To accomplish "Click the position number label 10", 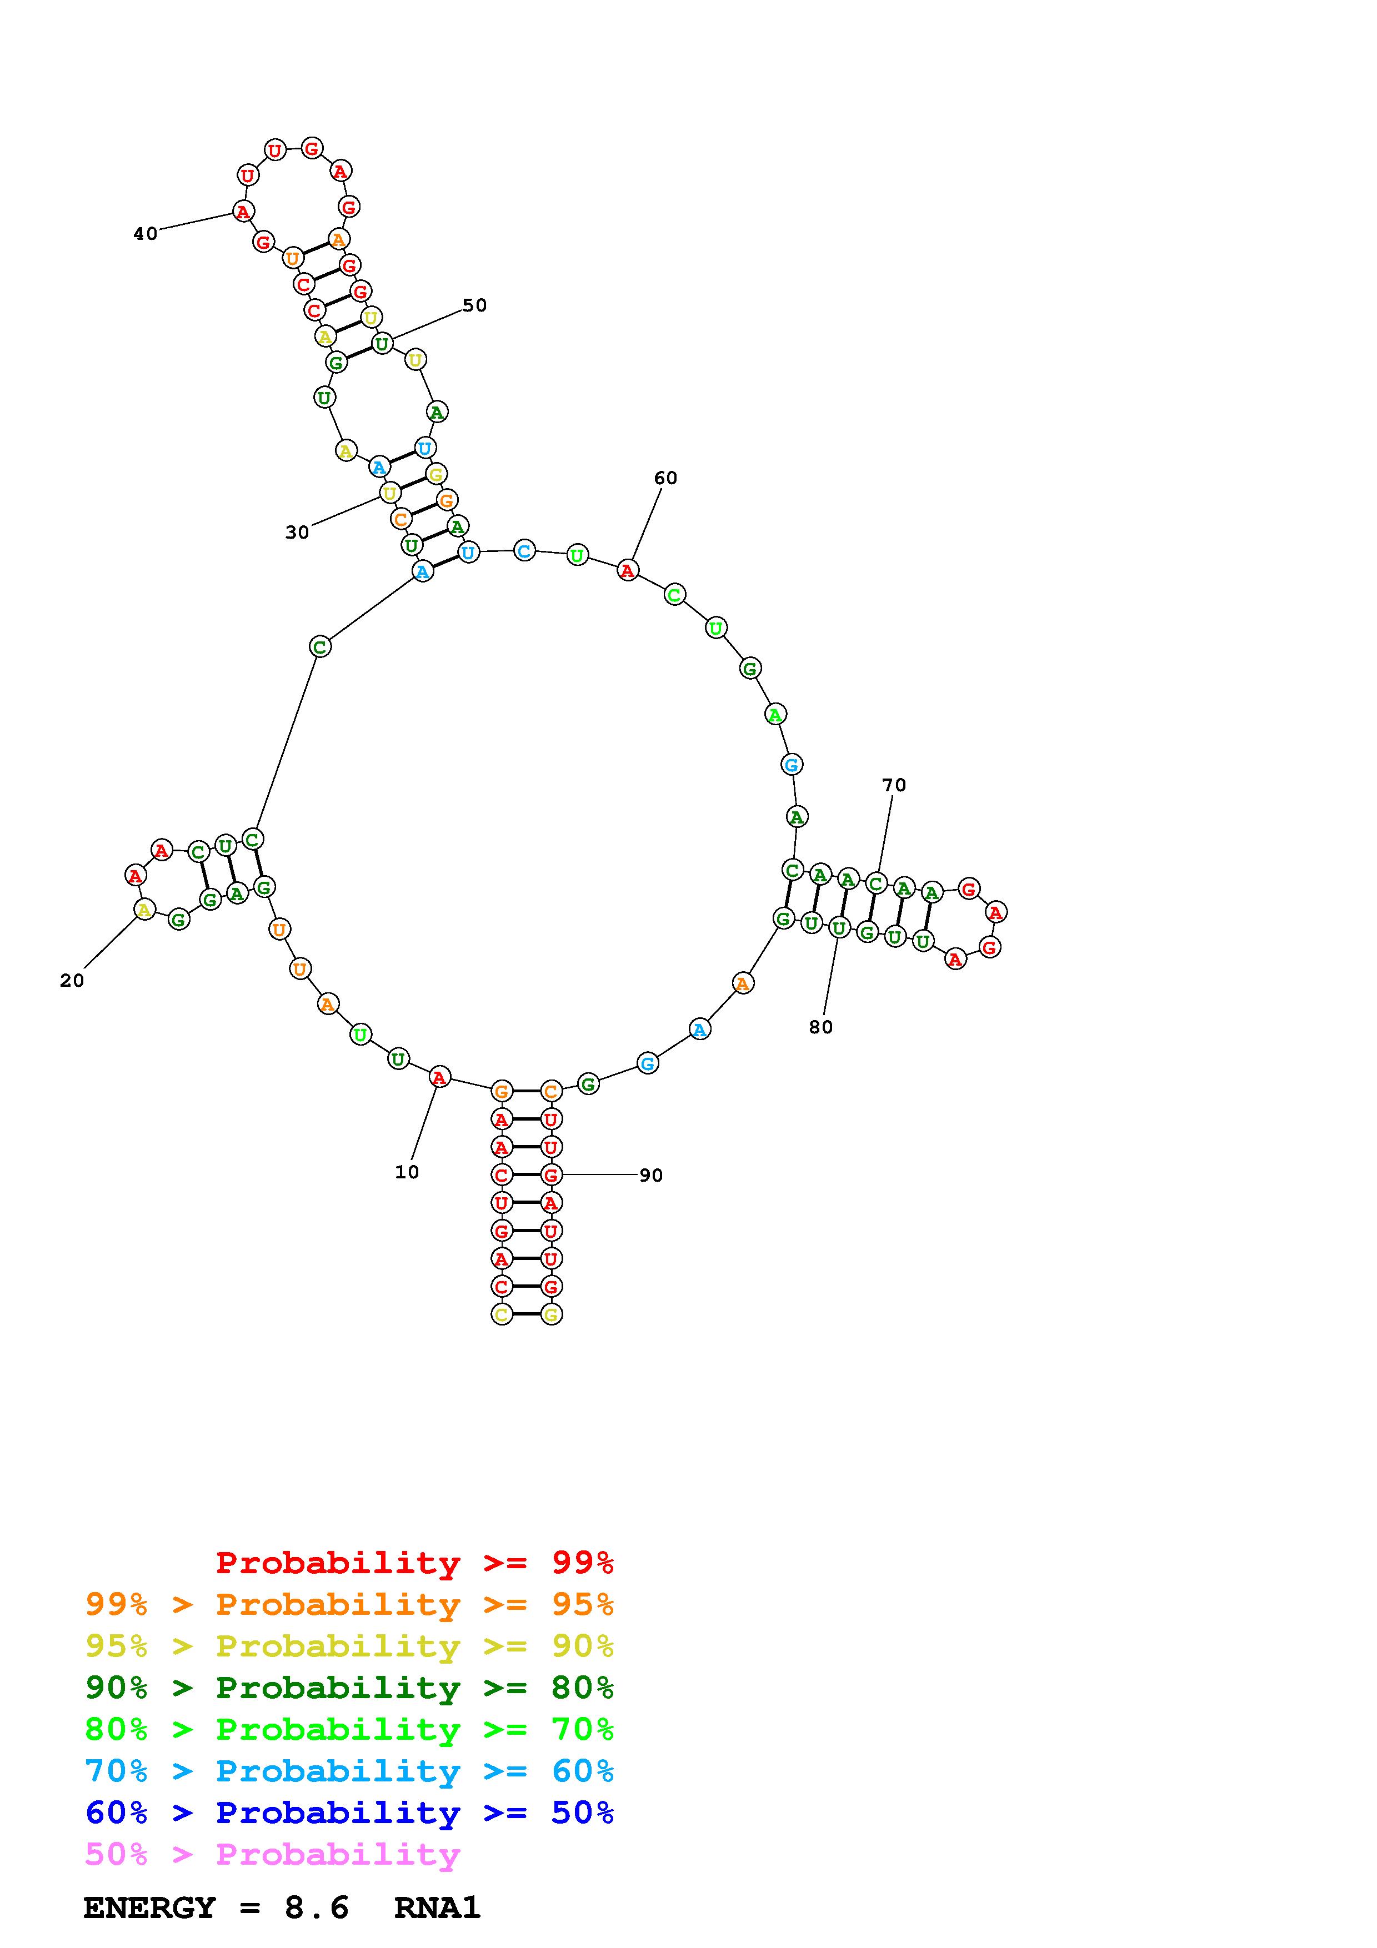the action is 407,1172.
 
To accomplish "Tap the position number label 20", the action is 72,981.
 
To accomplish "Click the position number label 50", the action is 474,305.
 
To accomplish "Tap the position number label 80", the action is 820,1027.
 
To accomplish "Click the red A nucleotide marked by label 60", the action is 627,570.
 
